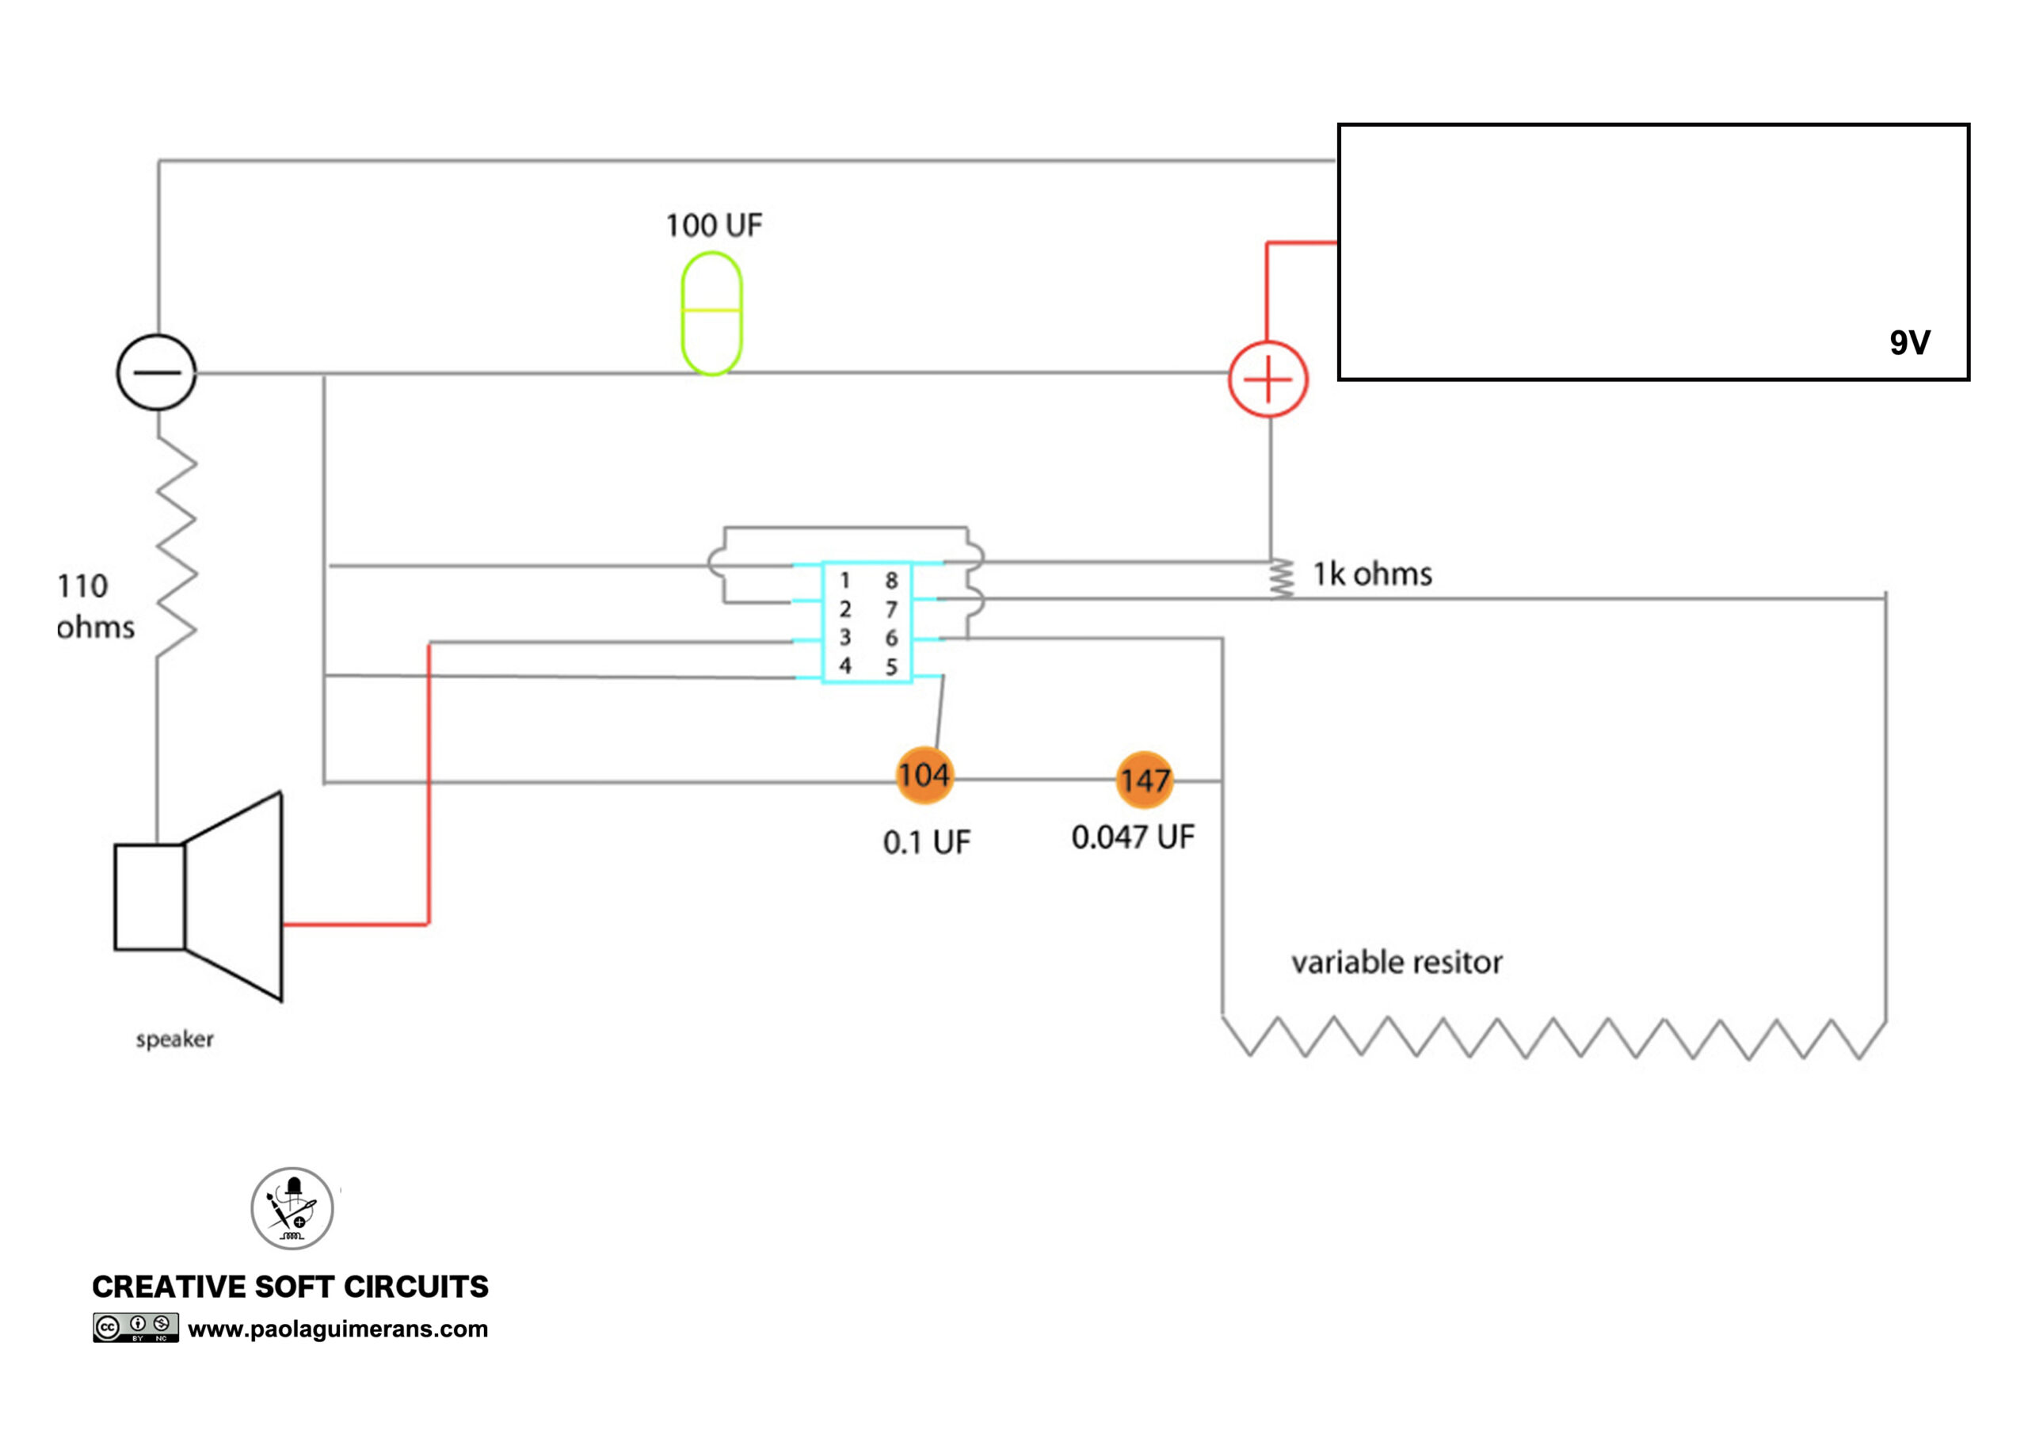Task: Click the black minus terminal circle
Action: pos(156,372)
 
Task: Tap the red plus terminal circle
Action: pos(1267,379)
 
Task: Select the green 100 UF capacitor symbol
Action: pos(711,314)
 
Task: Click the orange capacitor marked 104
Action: pos(924,775)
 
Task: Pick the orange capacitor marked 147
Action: pos(1145,780)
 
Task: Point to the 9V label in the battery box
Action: pos(1910,343)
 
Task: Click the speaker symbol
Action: pos(198,897)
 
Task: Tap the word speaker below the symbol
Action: pos(175,1039)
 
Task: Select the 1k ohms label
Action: pos(1372,574)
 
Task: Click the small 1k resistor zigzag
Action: pos(1281,578)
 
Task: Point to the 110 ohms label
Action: pos(95,606)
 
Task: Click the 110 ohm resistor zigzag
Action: pos(177,547)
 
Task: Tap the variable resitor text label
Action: pos(1397,962)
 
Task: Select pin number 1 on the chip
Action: pos(844,581)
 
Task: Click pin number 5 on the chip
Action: pos(891,667)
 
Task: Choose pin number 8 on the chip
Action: pos(891,581)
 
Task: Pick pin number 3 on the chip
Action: pos(845,637)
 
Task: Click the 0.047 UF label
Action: pos(1134,837)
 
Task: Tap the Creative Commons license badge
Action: pos(136,1327)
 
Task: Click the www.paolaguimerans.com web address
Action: pos(337,1329)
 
